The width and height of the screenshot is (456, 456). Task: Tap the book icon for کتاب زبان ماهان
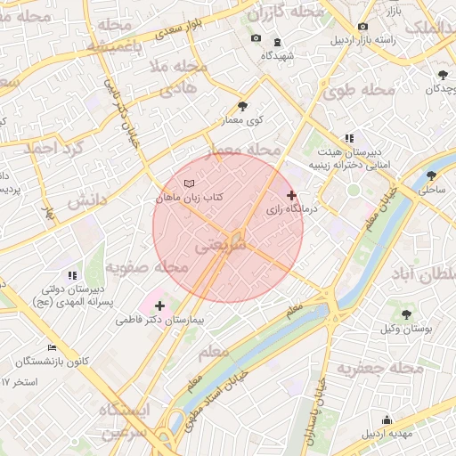point(189,183)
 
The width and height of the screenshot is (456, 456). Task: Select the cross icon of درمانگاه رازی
point(291,195)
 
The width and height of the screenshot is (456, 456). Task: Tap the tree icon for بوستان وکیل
point(406,314)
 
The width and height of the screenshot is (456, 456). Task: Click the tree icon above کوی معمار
point(243,107)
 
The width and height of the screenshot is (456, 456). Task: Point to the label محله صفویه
point(148,267)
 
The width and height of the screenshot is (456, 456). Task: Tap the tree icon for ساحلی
point(432,176)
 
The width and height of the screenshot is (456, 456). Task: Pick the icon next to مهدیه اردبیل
point(387,420)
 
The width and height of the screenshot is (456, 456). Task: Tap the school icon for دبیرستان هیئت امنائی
point(349,139)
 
